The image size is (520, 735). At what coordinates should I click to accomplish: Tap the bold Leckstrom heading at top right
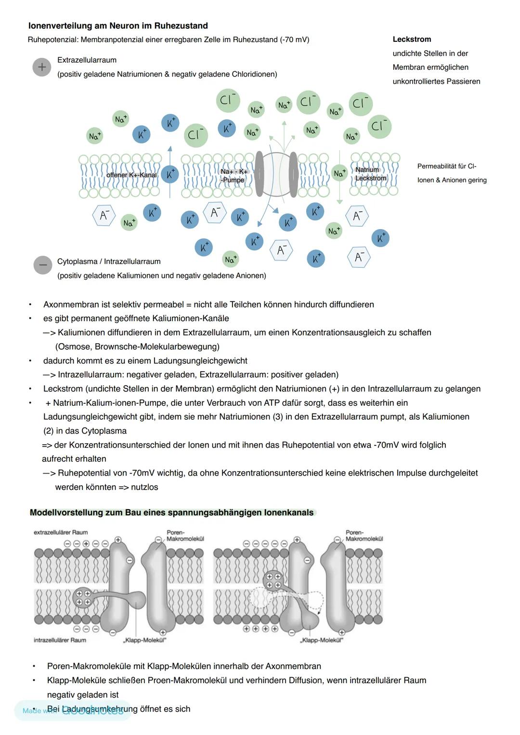412,39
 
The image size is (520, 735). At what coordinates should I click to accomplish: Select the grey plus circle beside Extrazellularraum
42,67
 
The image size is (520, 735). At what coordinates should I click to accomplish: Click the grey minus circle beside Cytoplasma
43,265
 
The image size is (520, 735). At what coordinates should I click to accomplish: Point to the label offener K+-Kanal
131,175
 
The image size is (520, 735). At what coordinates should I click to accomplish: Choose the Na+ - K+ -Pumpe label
233,176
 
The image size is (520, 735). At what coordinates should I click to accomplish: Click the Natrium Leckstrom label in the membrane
370,174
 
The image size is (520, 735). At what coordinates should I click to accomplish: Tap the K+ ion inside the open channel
169,174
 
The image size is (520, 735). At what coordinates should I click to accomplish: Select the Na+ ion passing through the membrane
339,173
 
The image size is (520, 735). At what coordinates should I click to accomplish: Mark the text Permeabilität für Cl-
446,167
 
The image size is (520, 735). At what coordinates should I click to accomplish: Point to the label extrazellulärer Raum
61,532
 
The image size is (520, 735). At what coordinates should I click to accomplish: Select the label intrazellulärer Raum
60,640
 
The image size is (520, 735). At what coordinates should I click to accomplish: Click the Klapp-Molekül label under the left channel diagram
144,640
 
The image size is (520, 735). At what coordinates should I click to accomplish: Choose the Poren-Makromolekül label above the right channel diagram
364,536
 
